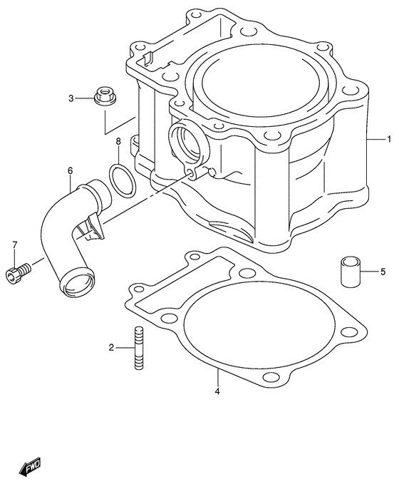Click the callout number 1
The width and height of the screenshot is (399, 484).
389,138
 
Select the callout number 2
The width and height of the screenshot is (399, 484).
111,348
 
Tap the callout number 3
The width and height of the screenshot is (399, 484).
71,98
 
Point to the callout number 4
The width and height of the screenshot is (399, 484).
218,391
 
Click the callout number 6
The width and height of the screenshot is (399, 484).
71,171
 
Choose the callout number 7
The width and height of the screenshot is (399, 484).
14,246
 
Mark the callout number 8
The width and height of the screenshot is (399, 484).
118,142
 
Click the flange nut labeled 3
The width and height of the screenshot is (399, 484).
105,96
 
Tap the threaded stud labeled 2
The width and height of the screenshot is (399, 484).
137,348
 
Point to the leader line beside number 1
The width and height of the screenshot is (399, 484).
375,138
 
